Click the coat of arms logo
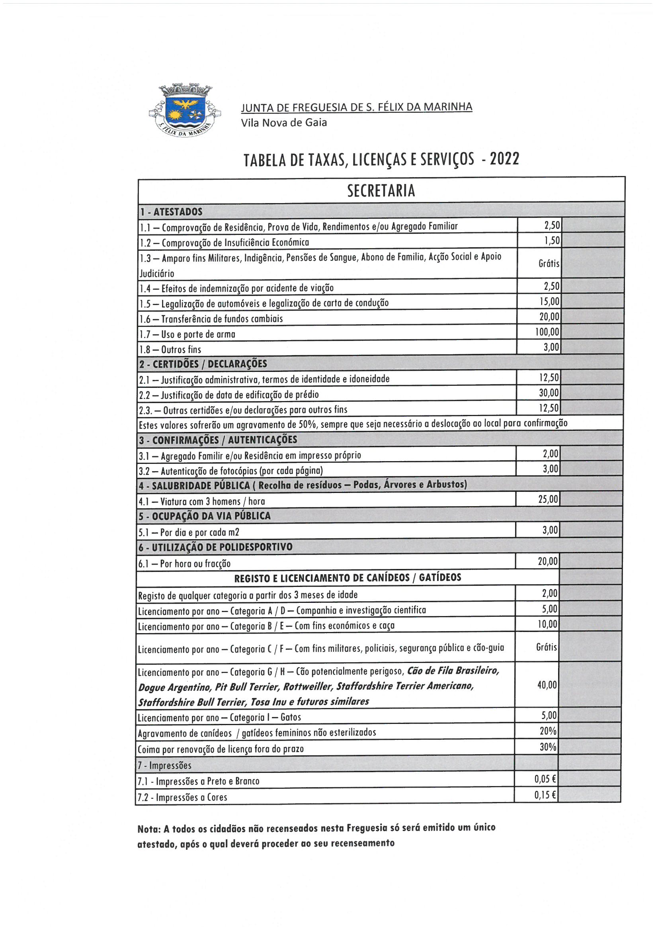[x=184, y=110]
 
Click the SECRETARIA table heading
[x=381, y=191]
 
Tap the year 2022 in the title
[x=504, y=159]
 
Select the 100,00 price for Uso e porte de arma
[x=547, y=332]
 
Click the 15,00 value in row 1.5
[x=549, y=302]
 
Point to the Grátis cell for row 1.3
[x=549, y=264]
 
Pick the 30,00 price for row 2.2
[x=549, y=393]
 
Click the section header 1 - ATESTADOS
[x=171, y=212]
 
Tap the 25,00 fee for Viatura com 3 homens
[x=548, y=499]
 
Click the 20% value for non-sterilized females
[x=548, y=731]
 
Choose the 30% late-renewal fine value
[x=548, y=747]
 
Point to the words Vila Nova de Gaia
[x=284, y=123]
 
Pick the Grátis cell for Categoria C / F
[x=547, y=647]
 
